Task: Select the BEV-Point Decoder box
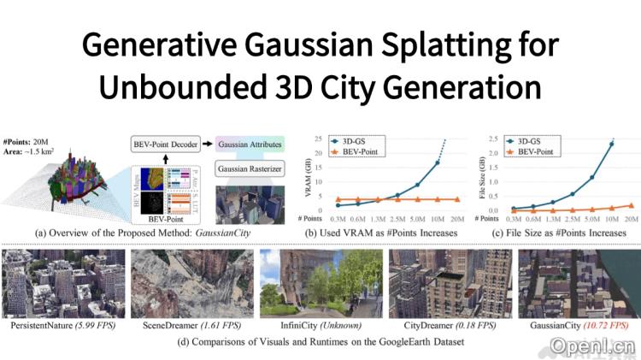coord(170,144)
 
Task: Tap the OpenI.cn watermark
coord(580,346)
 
